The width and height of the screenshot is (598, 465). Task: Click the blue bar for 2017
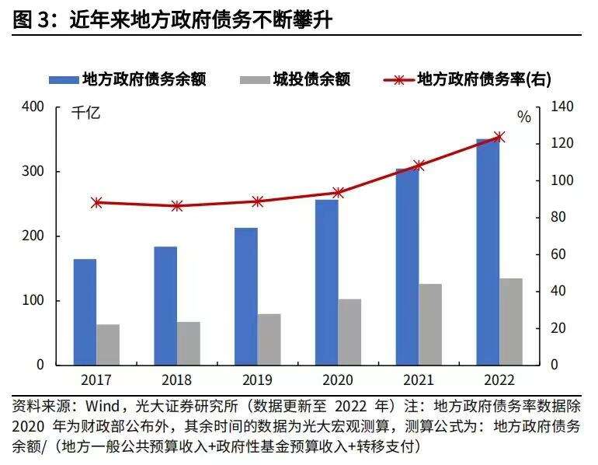pyautogui.click(x=85, y=311)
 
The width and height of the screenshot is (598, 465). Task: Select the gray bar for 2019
pyautogui.click(x=269, y=339)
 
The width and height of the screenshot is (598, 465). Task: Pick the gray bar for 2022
pyautogui.click(x=510, y=321)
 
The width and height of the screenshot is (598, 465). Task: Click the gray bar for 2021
pyautogui.click(x=430, y=324)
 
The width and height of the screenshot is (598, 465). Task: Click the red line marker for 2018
pyautogui.click(x=177, y=206)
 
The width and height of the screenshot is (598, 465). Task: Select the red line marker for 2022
pyautogui.click(x=499, y=137)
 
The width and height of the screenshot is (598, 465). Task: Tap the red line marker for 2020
pyautogui.click(x=338, y=192)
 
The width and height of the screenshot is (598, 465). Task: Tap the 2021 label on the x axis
pyautogui.click(x=419, y=380)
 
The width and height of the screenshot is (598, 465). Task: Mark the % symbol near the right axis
pyautogui.click(x=524, y=117)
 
